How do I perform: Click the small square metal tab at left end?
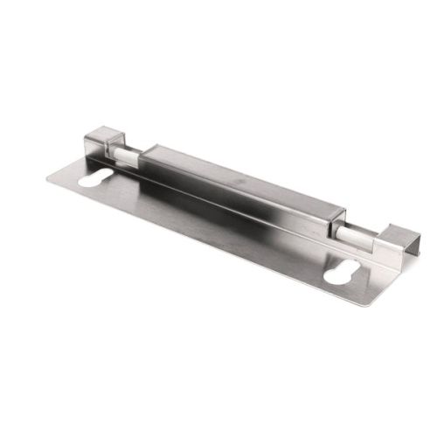click(100, 144)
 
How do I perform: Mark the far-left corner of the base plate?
click(47, 178)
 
